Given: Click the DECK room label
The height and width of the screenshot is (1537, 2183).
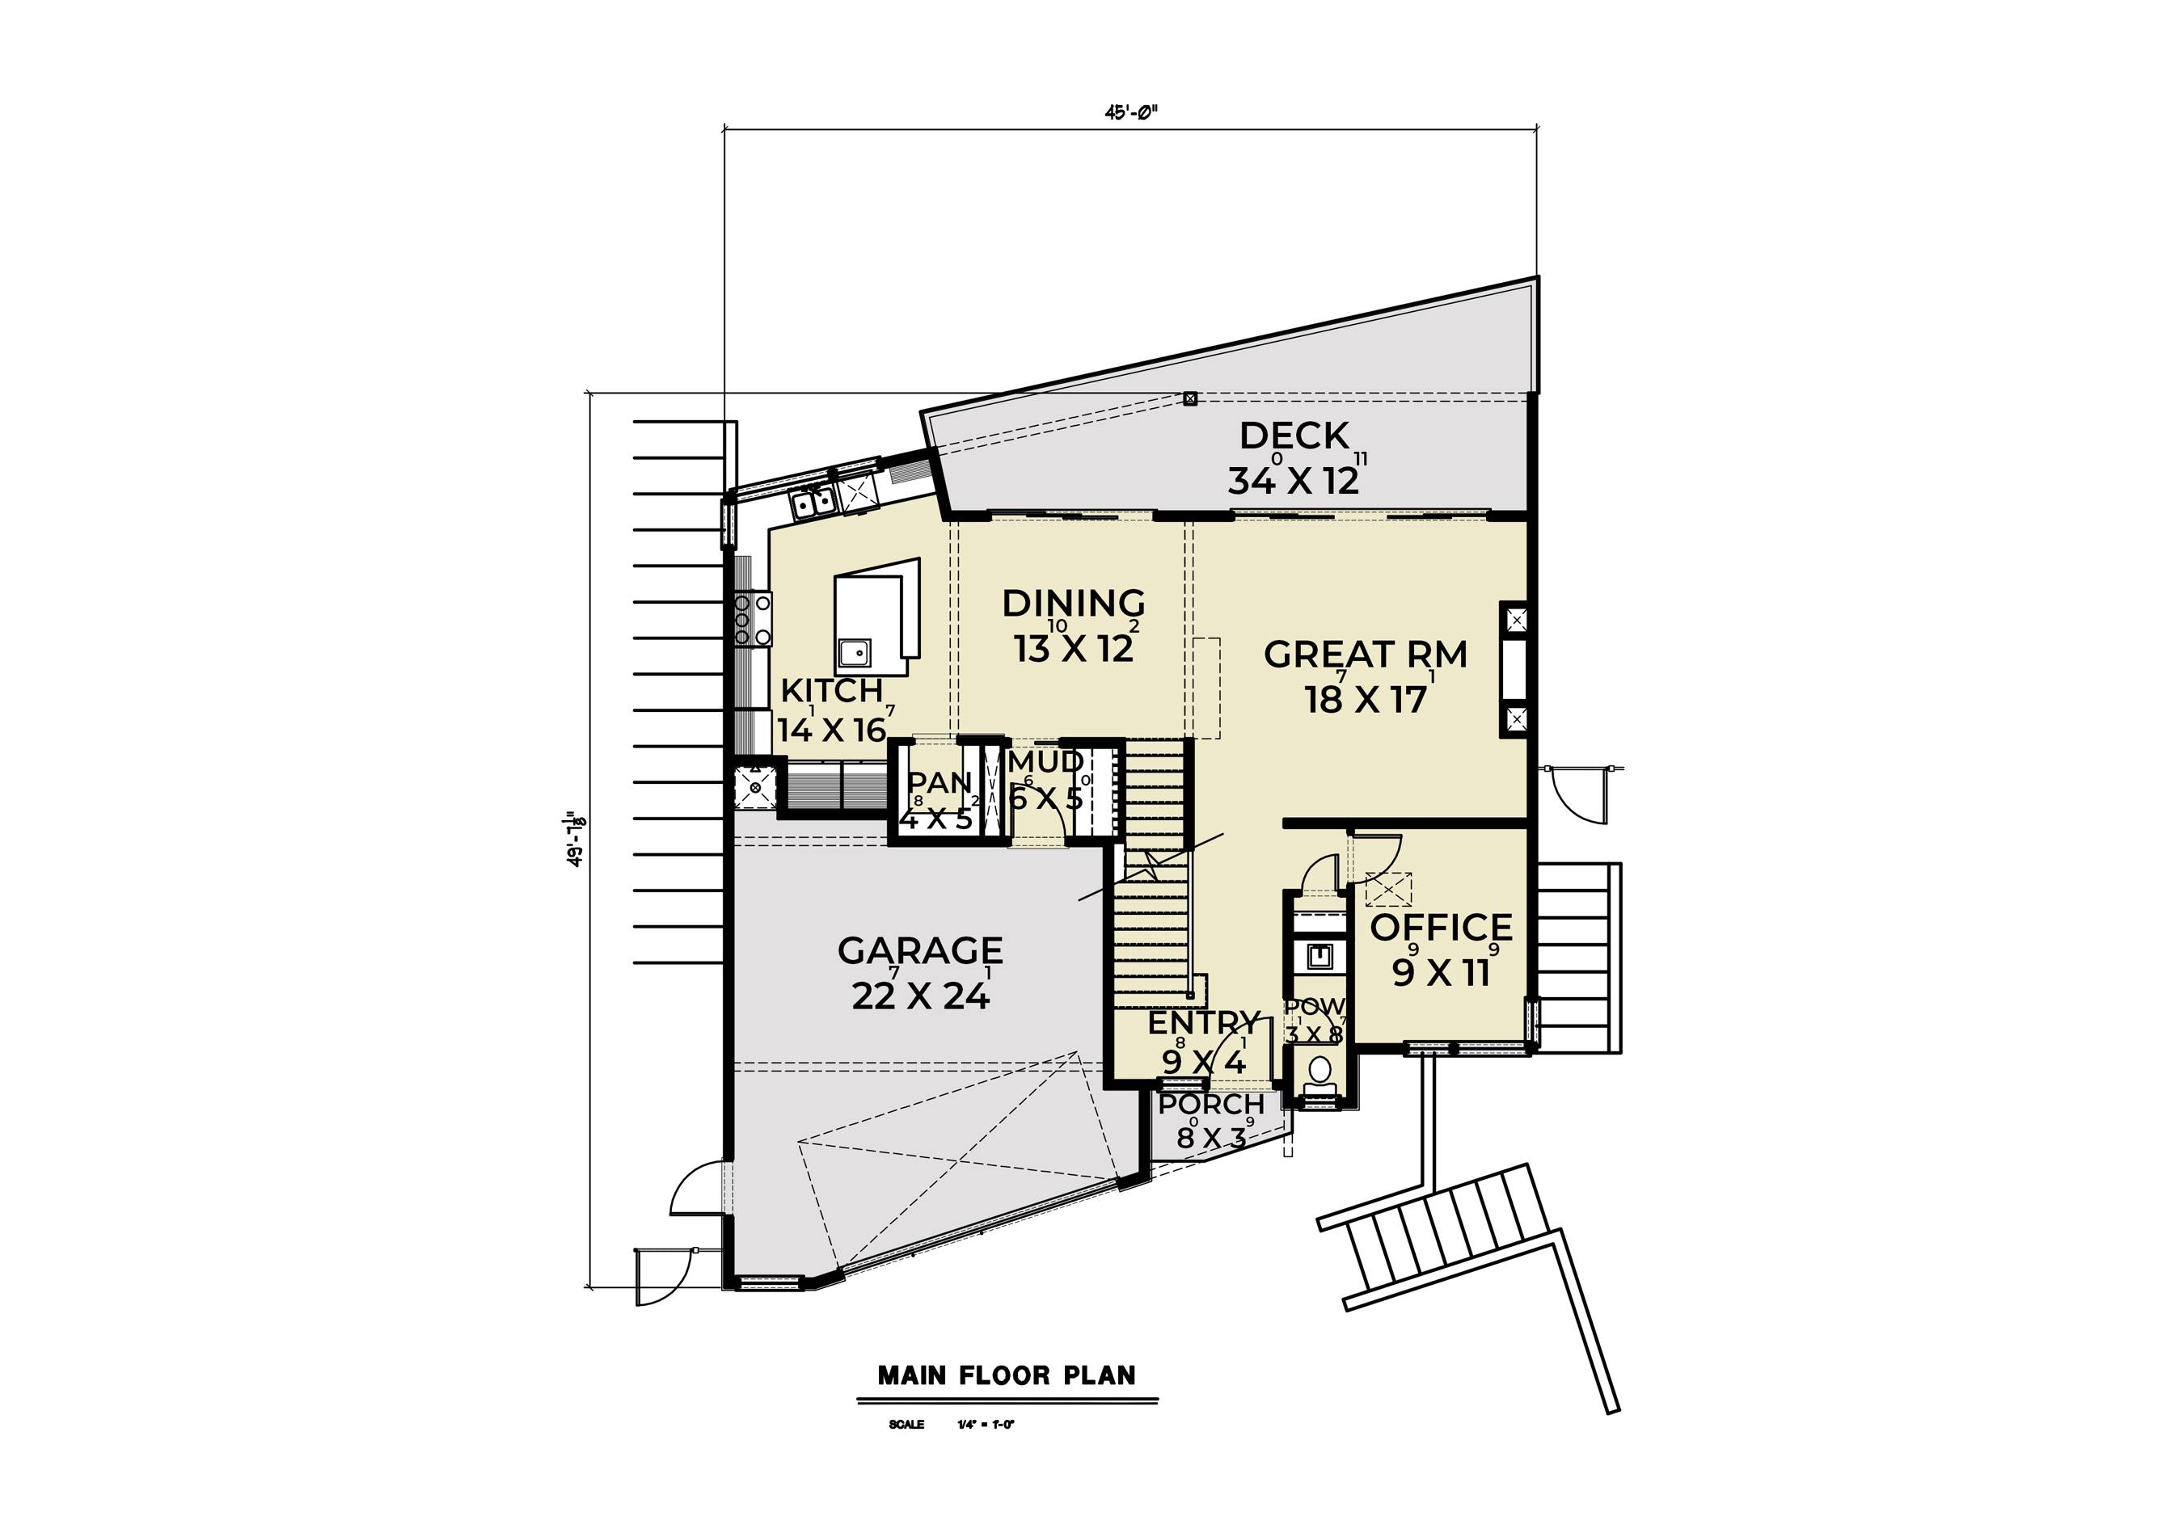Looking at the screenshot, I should (x=1294, y=436).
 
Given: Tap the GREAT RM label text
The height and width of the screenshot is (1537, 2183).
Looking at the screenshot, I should (x=1366, y=654).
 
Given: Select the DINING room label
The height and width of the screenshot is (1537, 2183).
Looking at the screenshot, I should (x=1074, y=603).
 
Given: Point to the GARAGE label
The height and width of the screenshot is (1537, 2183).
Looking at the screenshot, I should (x=919, y=950).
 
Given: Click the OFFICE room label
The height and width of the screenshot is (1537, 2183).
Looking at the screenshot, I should (x=1441, y=927).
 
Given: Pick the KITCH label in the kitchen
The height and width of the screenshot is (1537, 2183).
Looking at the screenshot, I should (x=832, y=690).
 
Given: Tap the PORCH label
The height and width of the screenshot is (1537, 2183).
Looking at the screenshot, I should (x=1211, y=1105).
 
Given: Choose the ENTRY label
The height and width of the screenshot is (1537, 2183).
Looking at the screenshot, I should (x=1204, y=1023).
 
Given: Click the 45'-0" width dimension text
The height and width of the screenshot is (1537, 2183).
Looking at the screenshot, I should (x=1130, y=112).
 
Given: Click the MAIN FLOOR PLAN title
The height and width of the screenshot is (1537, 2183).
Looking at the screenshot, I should (x=1006, y=1375).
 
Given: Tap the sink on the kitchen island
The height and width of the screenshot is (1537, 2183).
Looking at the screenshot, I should (x=854, y=653).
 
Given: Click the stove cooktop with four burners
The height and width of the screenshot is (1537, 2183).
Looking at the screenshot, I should (x=753, y=619).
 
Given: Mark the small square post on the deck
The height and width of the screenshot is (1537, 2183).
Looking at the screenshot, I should (x=1189, y=398).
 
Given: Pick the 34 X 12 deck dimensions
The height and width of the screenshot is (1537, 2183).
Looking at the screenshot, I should (x=1294, y=481).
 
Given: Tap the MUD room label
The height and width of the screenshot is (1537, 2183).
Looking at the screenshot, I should (x=1046, y=761).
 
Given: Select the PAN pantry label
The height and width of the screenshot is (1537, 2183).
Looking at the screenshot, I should (x=939, y=782).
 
